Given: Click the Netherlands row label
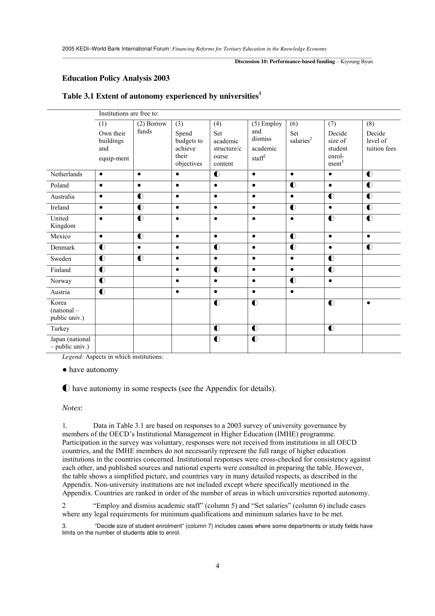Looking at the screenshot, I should [66, 174].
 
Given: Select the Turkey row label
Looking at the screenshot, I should [60, 329].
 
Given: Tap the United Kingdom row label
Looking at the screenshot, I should [63, 222].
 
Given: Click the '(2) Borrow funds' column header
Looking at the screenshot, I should [152, 127].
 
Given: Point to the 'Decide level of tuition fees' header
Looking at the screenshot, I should [381, 141].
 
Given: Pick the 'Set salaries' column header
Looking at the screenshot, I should [301, 137].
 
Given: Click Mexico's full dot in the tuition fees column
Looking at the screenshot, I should [368, 237].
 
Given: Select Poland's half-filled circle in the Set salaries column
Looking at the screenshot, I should [293, 185].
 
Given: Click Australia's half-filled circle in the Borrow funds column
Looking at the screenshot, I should [140, 197].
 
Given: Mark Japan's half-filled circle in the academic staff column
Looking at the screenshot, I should [255, 339].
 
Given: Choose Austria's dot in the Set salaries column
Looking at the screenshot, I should [292, 292].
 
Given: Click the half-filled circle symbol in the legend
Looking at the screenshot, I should [66, 389].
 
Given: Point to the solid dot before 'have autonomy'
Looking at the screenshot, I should [65, 370].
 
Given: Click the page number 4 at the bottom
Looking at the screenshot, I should [217, 566].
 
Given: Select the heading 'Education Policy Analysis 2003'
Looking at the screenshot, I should [116, 78].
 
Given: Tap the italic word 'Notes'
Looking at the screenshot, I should [72, 408].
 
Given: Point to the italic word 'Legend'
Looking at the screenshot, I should [73, 357].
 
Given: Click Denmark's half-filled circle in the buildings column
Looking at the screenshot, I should [102, 247].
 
